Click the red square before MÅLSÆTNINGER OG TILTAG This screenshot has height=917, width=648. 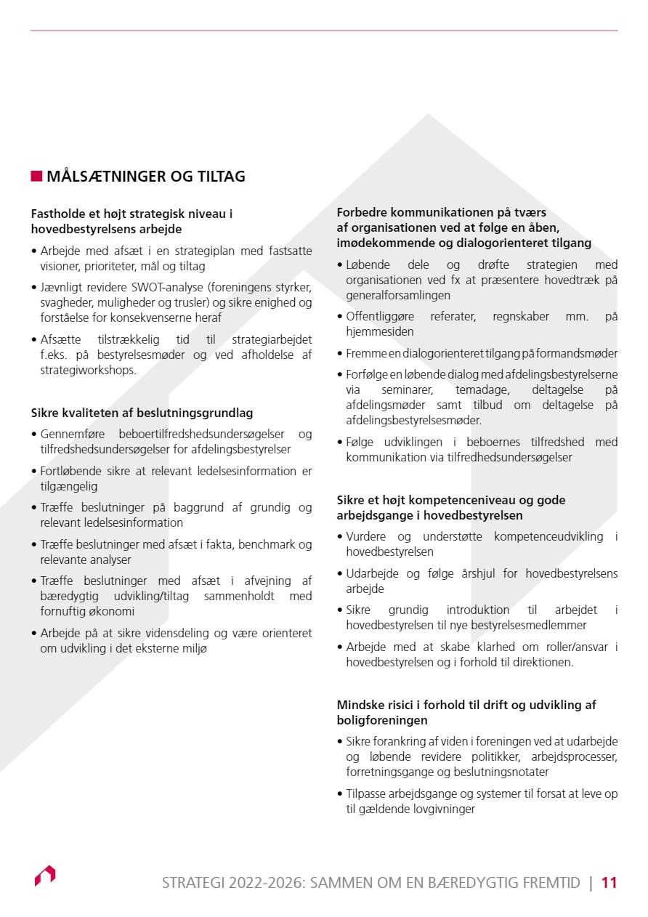click(x=36, y=177)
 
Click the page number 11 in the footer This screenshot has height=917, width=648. click(x=609, y=883)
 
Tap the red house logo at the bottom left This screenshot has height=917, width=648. click(x=45, y=876)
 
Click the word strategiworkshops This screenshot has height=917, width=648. click(x=88, y=370)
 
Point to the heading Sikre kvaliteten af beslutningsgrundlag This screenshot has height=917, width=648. click(x=142, y=413)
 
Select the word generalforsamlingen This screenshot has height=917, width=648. click(x=398, y=295)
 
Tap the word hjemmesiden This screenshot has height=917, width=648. click(x=380, y=331)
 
